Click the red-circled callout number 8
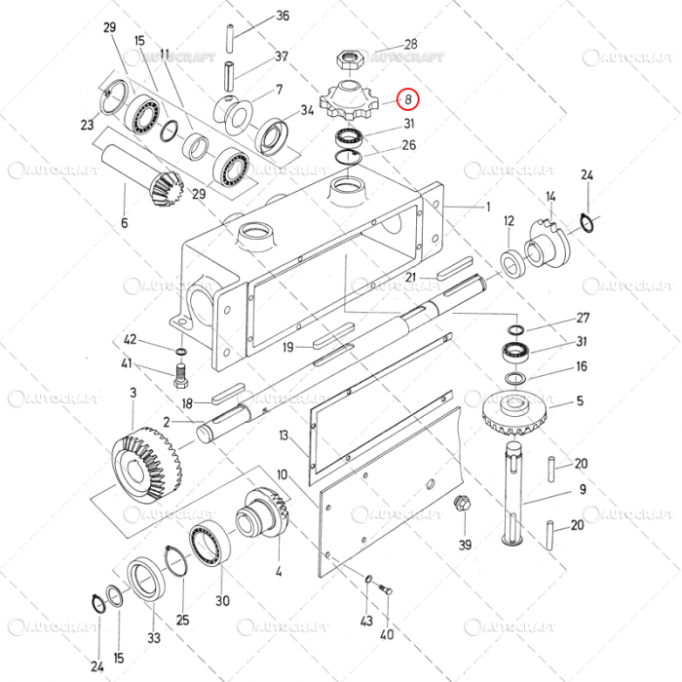408,97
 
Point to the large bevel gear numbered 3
147,460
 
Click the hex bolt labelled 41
180,371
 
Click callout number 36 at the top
284,16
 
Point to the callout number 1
488,207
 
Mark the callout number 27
584,318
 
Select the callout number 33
155,638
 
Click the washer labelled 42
181,351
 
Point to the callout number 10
282,474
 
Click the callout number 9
584,489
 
